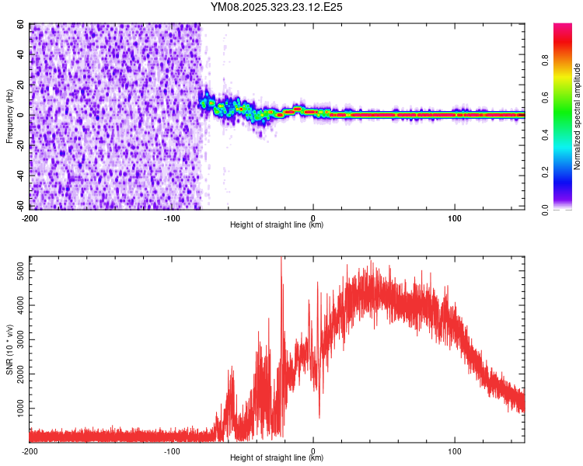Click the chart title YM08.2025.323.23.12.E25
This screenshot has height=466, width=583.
coord(277,7)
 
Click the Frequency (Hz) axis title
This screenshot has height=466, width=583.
coord(9,116)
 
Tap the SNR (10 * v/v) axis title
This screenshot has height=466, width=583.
coord(9,349)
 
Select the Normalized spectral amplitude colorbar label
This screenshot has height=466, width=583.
coord(578,116)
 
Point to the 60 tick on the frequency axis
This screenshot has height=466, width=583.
coord(21,25)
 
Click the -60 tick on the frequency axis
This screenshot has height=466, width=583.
coord(19,207)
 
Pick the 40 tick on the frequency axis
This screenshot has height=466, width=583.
coord(21,55)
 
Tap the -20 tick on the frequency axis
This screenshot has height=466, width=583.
coord(19,146)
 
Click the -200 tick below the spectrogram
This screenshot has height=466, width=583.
coord(30,217)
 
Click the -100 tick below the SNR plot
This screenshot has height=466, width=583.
coord(171,450)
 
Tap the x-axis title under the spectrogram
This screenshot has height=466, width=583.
coord(277,225)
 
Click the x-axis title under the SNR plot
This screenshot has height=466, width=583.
coord(277,458)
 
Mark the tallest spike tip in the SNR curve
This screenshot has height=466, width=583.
coord(281,259)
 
